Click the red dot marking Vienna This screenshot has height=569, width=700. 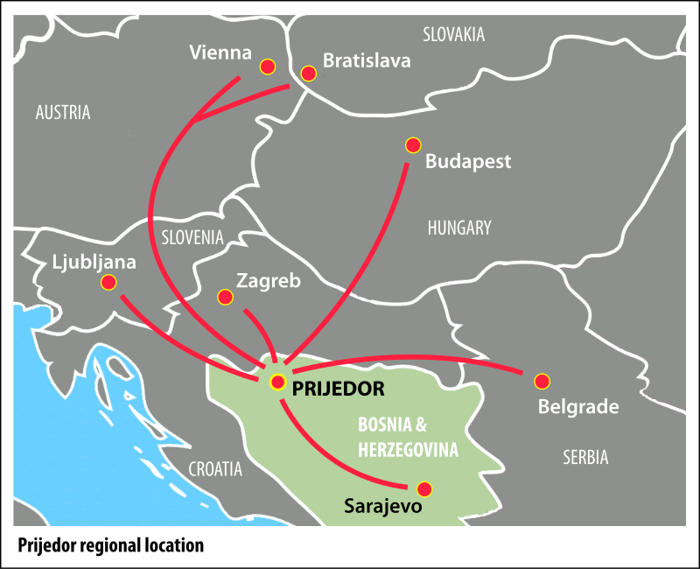tap(268, 67)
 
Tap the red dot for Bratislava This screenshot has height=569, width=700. tap(308, 74)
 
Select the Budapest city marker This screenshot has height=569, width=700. tap(413, 144)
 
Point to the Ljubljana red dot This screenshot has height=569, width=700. tap(108, 282)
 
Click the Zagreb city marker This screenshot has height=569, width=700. tap(225, 297)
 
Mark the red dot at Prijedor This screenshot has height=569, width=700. tap(277, 382)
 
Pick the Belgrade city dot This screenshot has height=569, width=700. tap(542, 381)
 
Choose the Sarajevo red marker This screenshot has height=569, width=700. tap(424, 488)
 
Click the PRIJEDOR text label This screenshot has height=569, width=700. tap(339, 385)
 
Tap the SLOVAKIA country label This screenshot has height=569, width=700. tap(453, 35)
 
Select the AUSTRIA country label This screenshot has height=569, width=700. tap(62, 112)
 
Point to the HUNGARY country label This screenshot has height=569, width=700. tap(459, 228)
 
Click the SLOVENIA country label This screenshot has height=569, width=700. tap(192, 237)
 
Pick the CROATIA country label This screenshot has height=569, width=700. tap(215, 469)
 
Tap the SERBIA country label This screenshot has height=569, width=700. tap(585, 457)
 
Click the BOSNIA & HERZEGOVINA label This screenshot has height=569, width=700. tap(408, 438)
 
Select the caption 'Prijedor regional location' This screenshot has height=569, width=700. tap(110, 545)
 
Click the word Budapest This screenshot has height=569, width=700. tap(468, 162)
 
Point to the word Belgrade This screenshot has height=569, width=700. tap(578, 407)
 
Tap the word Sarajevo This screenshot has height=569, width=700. tap(383, 506)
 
